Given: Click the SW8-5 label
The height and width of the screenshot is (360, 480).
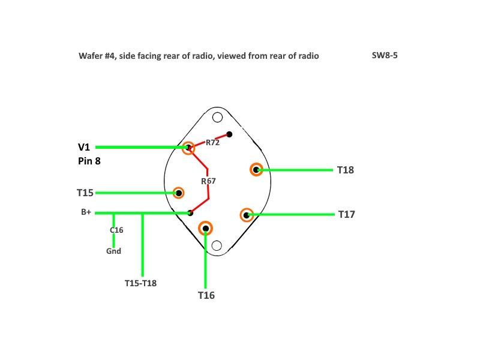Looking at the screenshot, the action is tap(385, 55).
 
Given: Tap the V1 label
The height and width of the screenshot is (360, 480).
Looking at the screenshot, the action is tap(84, 147).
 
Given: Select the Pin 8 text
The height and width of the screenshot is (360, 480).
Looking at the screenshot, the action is tap(89, 161).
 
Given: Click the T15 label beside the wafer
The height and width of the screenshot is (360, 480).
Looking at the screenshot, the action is tap(85, 193).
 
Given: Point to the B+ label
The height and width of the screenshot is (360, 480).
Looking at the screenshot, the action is tap(86, 212).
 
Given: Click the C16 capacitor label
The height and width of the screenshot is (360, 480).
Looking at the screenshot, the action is tap(116, 230).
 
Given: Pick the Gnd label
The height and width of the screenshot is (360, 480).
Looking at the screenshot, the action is tap(113, 251).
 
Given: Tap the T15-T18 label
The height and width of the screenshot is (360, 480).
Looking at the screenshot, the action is tap(140, 283).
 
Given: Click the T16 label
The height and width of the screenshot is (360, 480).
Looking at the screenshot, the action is tap(206, 295).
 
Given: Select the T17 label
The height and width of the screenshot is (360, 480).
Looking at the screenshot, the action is tap(347, 214).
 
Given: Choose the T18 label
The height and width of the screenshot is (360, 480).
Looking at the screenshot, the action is tap(346, 170).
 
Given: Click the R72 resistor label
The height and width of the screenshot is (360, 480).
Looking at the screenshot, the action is tap(212, 143).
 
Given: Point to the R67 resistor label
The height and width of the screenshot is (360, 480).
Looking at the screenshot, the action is tap(208, 181).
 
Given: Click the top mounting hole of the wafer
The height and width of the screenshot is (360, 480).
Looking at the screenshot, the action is tap(217, 117).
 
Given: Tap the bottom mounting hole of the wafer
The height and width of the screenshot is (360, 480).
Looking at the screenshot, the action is tap(217, 245).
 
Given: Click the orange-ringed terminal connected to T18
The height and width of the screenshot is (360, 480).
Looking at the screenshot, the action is tap(256, 170).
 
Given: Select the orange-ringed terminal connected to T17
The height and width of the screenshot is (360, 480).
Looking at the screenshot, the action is tap(247, 215).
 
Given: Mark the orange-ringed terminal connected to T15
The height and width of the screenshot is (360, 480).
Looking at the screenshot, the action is tap(178, 193).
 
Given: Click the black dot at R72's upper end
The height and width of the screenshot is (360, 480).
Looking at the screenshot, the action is tap(229, 134).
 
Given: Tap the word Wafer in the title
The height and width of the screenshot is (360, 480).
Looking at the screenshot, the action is tap(89, 56).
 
